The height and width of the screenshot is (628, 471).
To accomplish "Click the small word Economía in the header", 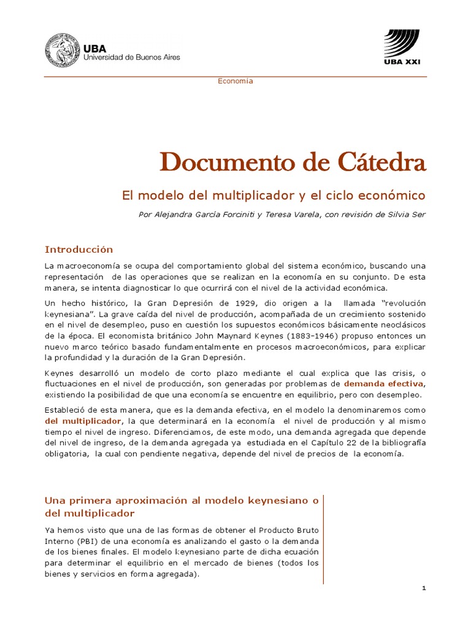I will (x=235, y=81).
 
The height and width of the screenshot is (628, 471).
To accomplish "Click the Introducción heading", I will (x=79, y=249).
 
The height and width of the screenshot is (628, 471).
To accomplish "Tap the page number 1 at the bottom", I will (x=424, y=589).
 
